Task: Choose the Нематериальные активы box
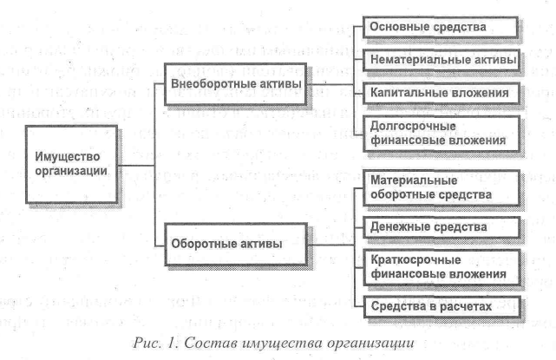point(440,60)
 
